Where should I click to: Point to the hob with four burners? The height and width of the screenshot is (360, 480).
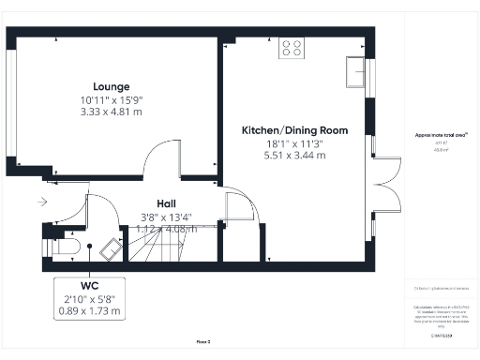(x=292, y=48)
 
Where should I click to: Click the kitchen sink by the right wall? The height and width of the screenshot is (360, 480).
(x=355, y=71)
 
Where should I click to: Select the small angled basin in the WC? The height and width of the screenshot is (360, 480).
(x=111, y=248)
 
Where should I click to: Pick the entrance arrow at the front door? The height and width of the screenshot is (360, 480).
(x=43, y=201)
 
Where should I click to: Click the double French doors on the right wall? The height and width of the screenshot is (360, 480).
(x=378, y=182)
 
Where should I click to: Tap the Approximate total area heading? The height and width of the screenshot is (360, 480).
(x=441, y=135)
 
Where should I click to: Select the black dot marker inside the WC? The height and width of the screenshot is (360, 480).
(x=90, y=246)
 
